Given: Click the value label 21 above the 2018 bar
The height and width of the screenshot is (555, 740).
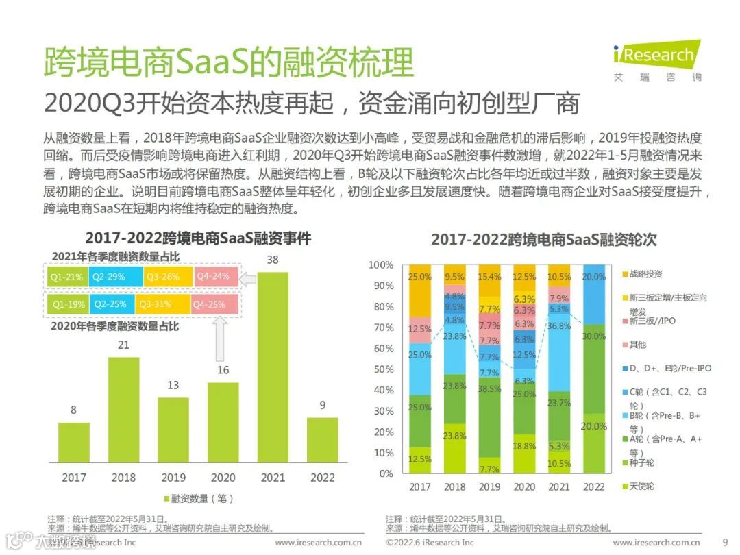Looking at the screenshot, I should click(123, 345).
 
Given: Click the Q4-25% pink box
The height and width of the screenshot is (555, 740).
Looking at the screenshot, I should click(214, 304).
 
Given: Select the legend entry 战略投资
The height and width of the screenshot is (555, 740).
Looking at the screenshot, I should click(647, 274).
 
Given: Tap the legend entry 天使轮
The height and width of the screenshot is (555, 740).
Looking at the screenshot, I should click(641, 486).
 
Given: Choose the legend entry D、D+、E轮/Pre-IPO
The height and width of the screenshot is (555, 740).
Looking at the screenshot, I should click(670, 368).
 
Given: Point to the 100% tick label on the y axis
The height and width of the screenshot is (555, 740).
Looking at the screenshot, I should click(381, 264).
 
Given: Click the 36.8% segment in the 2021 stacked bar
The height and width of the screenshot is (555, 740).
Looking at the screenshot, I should click(560, 326).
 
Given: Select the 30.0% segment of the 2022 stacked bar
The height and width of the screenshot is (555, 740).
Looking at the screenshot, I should click(594, 337).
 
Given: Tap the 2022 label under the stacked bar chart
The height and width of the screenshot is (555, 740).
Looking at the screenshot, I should click(594, 486).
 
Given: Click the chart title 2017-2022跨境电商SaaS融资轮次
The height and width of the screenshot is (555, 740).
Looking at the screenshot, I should click(543, 240).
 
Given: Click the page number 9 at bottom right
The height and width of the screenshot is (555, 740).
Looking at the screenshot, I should click(725, 542).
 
